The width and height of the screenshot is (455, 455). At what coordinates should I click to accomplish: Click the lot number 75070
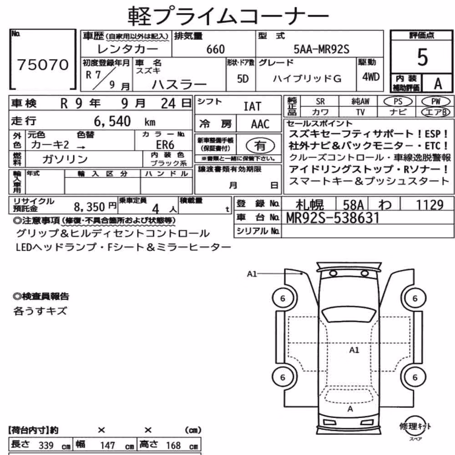43,65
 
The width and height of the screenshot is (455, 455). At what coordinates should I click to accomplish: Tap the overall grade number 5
422,57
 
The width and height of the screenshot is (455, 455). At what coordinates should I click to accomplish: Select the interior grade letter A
438,84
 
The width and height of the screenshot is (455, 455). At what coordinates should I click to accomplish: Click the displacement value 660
215,49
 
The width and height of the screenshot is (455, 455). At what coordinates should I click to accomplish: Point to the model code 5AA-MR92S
321,49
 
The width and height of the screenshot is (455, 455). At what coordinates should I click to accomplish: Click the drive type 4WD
370,77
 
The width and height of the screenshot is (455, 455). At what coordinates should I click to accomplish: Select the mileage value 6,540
112,121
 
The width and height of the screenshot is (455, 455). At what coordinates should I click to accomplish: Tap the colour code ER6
165,145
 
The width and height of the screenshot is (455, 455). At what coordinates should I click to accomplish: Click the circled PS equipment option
398,101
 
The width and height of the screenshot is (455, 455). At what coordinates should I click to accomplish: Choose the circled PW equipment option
435,101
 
